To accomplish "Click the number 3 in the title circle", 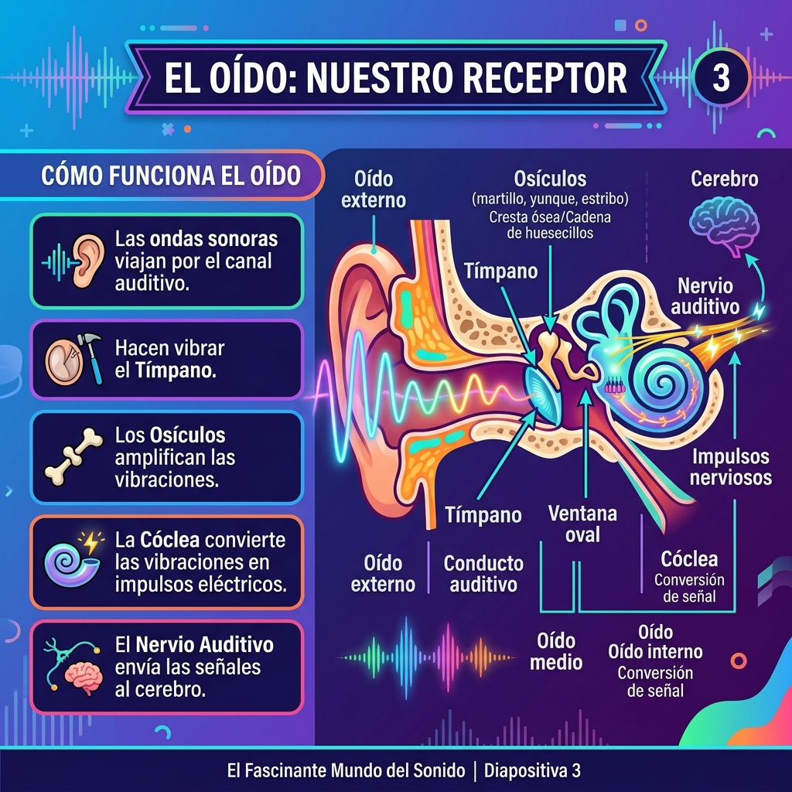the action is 722,78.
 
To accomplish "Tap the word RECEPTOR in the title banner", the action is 544,78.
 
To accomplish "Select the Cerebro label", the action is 724,179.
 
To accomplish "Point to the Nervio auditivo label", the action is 705,296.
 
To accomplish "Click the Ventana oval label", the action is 582,524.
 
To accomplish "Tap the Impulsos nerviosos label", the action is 731,466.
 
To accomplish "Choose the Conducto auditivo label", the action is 483,574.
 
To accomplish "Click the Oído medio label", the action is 556,651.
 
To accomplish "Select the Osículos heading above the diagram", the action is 550,179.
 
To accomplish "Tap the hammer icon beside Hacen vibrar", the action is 91,357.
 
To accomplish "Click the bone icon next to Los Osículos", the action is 73,456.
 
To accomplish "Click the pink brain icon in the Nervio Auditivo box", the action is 84,678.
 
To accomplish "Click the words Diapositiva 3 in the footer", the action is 532,770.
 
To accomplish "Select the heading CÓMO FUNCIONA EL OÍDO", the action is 171,176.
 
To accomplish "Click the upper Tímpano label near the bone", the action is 500,271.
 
